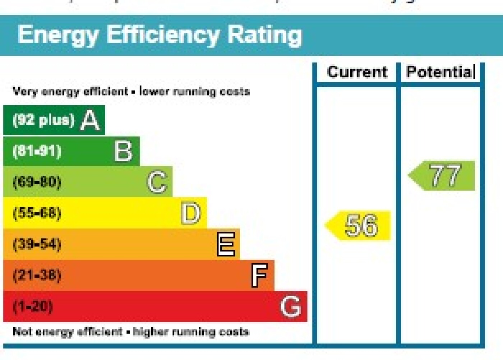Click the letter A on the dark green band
[x=90, y=120]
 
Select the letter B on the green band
[x=123, y=151]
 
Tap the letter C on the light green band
[x=157, y=182]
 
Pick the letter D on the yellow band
[x=191, y=213]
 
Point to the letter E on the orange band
[x=226, y=244]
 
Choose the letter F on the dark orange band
[x=259, y=276]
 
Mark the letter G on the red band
[x=290, y=306]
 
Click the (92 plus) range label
[x=43, y=120]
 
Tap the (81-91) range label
[x=37, y=151]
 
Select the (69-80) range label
[x=37, y=182]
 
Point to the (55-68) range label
[x=37, y=213]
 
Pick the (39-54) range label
[x=37, y=244]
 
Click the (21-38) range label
[x=37, y=276]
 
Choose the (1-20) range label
[x=33, y=306]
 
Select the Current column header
[x=357, y=72]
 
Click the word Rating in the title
[x=265, y=35]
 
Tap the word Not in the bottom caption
[x=22, y=331]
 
